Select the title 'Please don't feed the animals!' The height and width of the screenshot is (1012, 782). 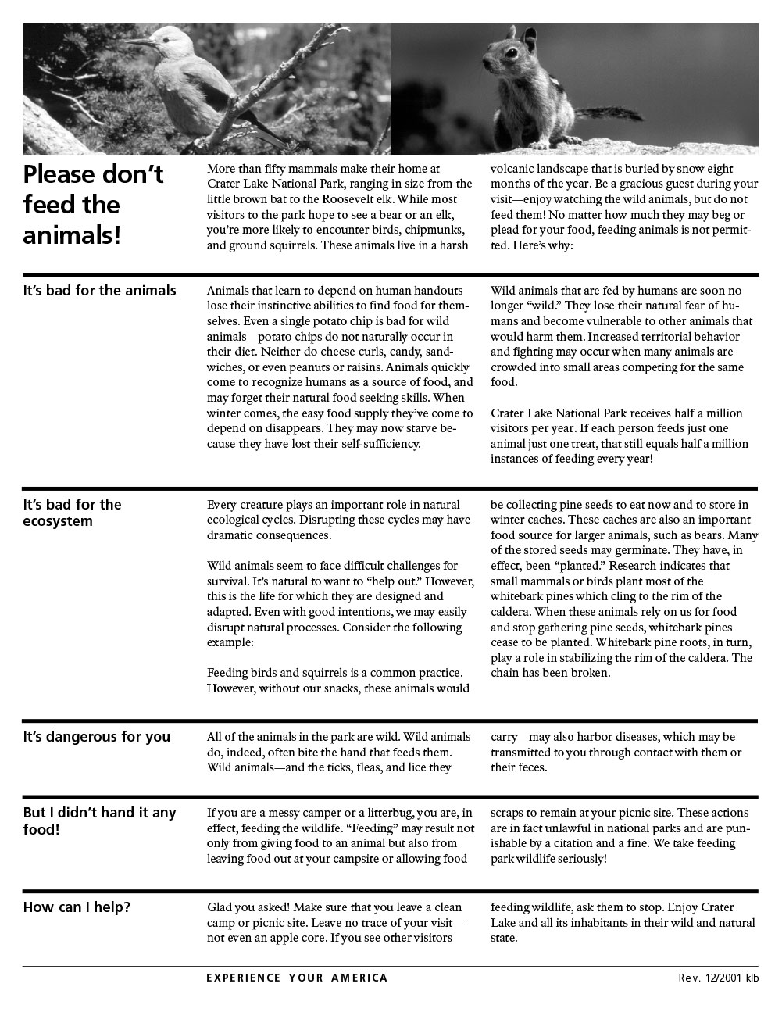(93, 204)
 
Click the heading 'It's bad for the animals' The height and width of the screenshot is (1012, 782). (100, 291)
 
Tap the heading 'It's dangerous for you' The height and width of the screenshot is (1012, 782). (97, 737)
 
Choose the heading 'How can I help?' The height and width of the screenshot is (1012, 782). (77, 907)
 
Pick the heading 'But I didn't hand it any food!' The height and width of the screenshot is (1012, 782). (99, 821)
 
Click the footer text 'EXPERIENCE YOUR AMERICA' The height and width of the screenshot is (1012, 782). (297, 978)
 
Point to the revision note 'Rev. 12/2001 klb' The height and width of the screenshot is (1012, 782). (718, 978)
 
